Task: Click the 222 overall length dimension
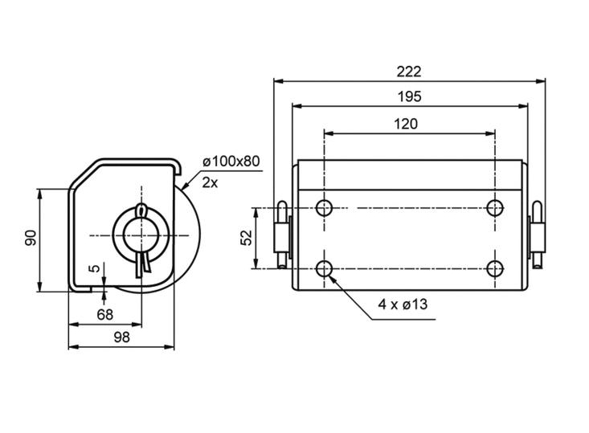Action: (408, 71)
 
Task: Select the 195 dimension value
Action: (408, 96)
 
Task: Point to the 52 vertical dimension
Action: (247, 238)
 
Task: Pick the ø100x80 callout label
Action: (231, 161)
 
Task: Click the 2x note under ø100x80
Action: (210, 182)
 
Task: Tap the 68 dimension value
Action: (104, 314)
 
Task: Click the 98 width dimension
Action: (121, 337)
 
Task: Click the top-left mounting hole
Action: (324, 209)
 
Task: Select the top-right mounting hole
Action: (495, 209)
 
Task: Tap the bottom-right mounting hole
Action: (495, 268)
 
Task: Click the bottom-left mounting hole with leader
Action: (324, 268)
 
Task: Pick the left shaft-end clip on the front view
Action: (280, 235)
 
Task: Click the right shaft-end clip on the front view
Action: (537, 235)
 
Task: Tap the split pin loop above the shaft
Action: (142, 210)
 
